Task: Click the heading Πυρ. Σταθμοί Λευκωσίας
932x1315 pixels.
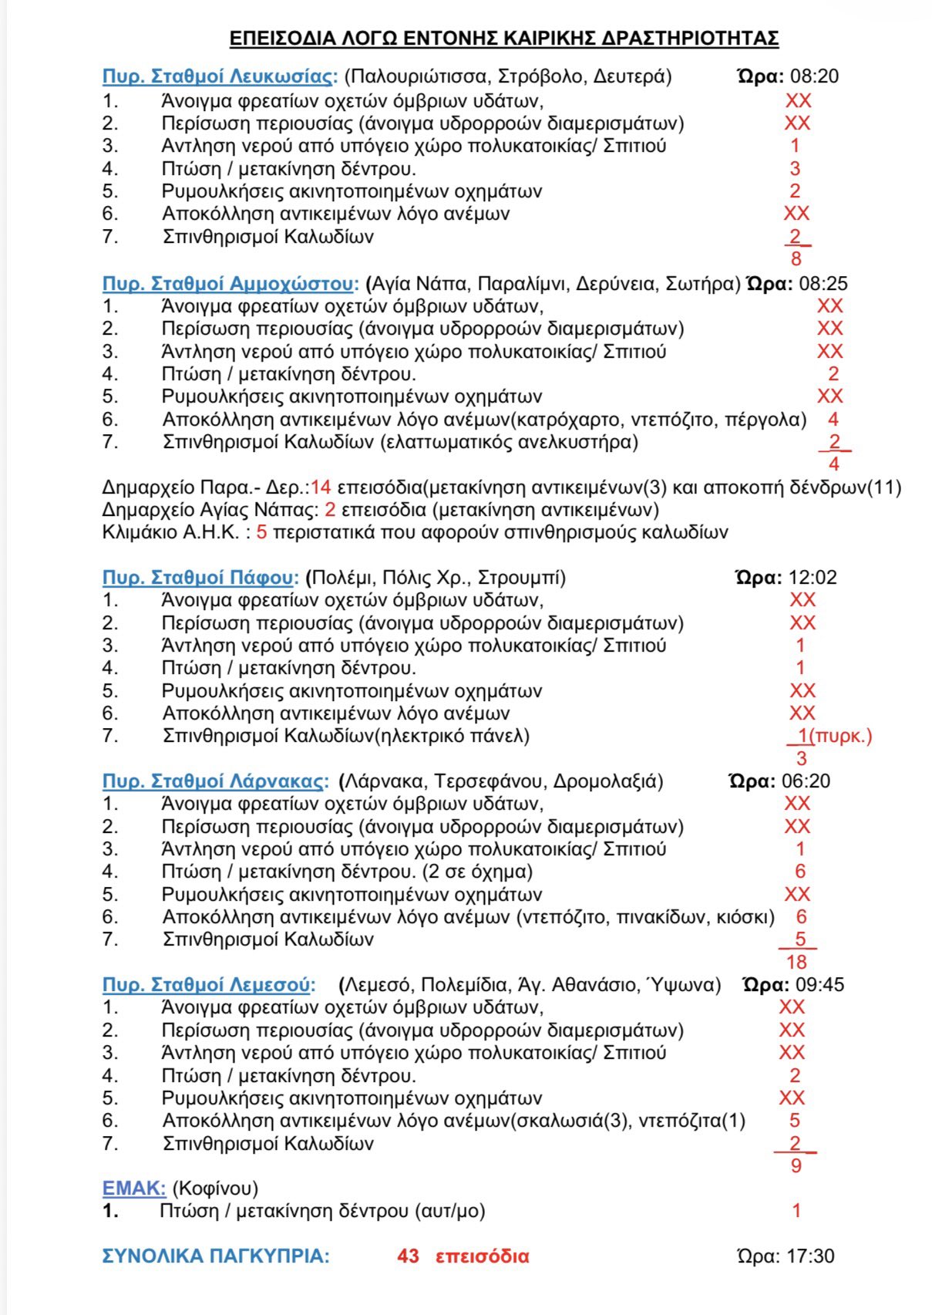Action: point(220,76)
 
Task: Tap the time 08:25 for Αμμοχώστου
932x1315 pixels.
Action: point(823,284)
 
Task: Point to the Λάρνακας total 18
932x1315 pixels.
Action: point(796,962)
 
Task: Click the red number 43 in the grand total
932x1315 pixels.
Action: point(408,1256)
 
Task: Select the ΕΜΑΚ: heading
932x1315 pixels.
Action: point(134,1189)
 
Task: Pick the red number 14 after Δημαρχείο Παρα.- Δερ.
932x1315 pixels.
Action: point(321,487)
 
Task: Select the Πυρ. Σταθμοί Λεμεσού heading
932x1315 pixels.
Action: point(209,985)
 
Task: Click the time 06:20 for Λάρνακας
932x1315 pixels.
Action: point(806,781)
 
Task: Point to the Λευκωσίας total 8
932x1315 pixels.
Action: point(796,259)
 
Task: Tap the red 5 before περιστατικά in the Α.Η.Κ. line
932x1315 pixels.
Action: point(261,532)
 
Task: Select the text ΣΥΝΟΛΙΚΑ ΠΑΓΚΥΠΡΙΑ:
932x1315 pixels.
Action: point(216,1256)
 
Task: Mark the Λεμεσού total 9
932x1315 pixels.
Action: point(796,1165)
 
